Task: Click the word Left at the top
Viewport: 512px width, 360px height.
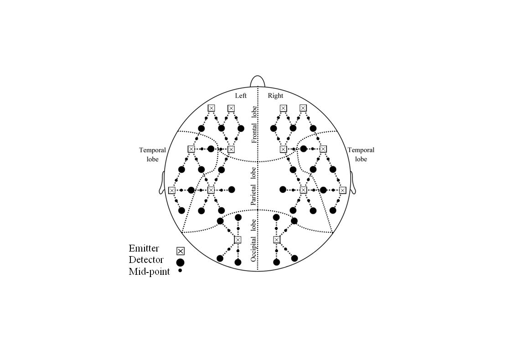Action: [241, 96]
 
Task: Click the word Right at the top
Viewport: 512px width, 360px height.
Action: [275, 96]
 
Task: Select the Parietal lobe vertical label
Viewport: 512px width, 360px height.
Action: [254, 186]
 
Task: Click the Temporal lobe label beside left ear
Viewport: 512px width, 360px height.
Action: [152, 154]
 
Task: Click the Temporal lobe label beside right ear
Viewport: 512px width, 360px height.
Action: [361, 154]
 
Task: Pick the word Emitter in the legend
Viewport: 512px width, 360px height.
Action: [144, 248]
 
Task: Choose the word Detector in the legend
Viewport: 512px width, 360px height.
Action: [146, 260]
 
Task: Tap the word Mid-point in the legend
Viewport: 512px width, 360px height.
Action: [149, 272]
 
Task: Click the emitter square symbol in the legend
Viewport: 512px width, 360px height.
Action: [180, 251]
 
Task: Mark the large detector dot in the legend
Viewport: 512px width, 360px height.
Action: [180, 262]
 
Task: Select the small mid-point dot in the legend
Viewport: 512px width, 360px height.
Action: [180, 271]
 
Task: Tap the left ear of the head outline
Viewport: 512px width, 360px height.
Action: [162, 183]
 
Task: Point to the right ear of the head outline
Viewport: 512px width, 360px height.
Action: [353, 183]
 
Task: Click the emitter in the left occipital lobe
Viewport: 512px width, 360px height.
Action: [238, 240]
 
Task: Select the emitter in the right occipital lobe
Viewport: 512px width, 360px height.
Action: [277, 240]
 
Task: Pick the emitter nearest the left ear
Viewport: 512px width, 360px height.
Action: [172, 190]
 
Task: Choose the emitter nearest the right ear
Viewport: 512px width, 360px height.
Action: [342, 190]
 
